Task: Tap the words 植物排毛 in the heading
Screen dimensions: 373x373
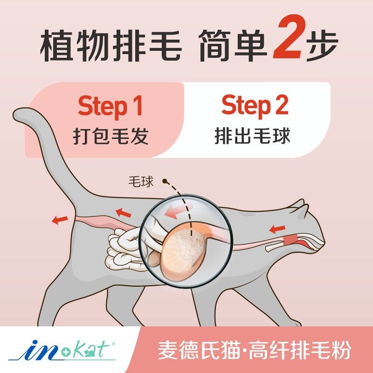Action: click(111, 47)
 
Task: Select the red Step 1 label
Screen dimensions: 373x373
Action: click(110, 106)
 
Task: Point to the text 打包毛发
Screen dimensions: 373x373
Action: click(111, 136)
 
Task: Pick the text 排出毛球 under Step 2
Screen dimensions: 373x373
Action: click(252, 136)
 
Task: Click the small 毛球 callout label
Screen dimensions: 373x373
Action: click(141, 181)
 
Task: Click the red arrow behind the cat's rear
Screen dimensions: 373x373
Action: click(60, 220)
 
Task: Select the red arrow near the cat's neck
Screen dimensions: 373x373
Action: click(277, 229)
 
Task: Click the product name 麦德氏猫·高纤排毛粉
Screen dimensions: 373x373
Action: click(254, 350)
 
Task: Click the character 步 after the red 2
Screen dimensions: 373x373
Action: click(322, 47)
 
